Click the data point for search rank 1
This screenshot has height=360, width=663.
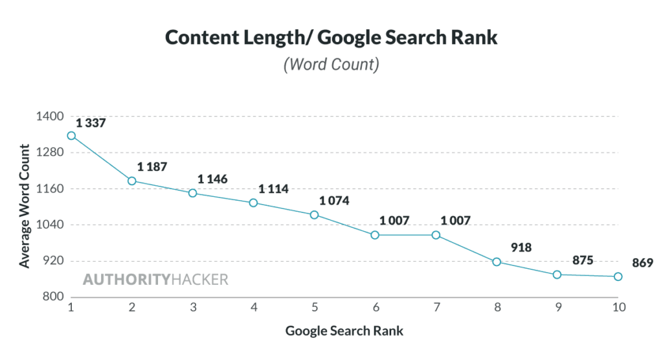pyautogui.click(x=71, y=136)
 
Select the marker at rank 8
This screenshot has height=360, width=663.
pyautogui.click(x=497, y=262)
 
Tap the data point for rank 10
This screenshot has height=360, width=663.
pyautogui.click(x=618, y=276)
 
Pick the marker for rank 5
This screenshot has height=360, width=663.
pyautogui.click(x=314, y=214)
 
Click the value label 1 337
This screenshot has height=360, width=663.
pyautogui.click(x=91, y=123)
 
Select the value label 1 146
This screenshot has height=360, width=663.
pyautogui.click(x=212, y=179)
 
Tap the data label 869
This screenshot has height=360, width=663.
pyautogui.click(x=644, y=263)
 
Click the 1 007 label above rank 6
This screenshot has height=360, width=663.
pyautogui.click(x=394, y=220)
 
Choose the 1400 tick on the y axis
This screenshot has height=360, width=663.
pyautogui.click(x=50, y=117)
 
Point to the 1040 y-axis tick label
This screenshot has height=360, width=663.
pyautogui.click(x=50, y=225)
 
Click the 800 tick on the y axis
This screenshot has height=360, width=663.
pyautogui.click(x=54, y=297)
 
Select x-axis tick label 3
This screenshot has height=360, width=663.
pyautogui.click(x=193, y=308)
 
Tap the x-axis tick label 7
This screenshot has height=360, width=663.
pyautogui.click(x=436, y=308)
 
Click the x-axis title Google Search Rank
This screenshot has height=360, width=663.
pyautogui.click(x=344, y=331)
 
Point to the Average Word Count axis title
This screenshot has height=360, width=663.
pyautogui.click(x=24, y=207)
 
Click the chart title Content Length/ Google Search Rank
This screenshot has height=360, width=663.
pyautogui.click(x=331, y=37)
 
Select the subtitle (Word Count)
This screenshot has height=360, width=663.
pyautogui.click(x=331, y=65)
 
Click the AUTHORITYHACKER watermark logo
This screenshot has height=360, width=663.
pyautogui.click(x=155, y=280)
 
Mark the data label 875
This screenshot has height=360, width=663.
pyautogui.click(x=583, y=260)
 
